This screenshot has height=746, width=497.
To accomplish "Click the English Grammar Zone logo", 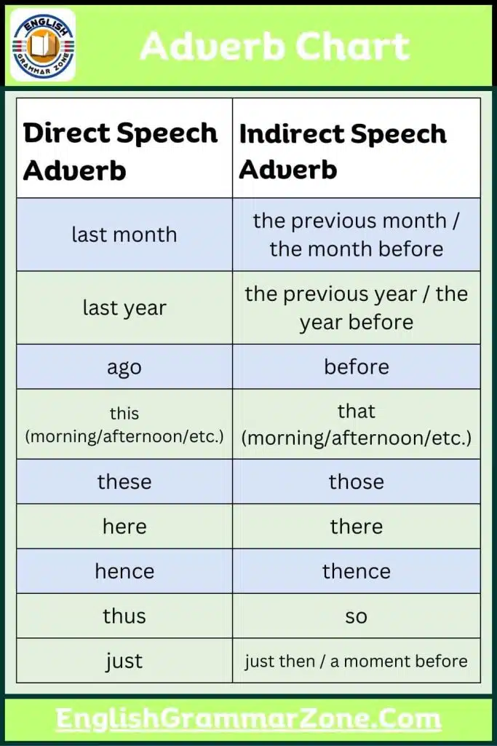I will (43, 44).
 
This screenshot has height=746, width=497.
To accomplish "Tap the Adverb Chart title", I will (275, 47).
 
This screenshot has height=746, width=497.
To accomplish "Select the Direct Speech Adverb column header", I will (121, 151).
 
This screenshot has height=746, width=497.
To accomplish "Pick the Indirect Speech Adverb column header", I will (343, 151).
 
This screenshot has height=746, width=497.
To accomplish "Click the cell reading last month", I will (124, 235).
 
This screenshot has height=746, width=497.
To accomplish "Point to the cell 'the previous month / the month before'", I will (357, 235).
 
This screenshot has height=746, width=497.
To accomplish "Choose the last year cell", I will (124, 307).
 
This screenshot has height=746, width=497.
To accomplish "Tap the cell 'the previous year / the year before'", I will (357, 307).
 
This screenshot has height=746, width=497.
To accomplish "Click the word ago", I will (124, 366).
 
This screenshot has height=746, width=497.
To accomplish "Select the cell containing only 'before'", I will (357, 366).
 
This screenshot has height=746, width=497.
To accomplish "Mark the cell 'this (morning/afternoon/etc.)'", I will (124, 425).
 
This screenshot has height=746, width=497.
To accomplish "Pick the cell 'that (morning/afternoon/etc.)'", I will (357, 425).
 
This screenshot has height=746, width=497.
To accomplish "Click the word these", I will (124, 482).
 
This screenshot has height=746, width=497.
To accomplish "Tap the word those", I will (357, 482).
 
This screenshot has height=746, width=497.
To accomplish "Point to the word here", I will (124, 526).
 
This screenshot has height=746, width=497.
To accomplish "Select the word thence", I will (357, 571).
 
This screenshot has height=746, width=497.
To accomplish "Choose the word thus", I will (124, 616).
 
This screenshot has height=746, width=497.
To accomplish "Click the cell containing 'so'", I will (357, 616).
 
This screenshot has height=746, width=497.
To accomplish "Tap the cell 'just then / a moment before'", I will (357, 661).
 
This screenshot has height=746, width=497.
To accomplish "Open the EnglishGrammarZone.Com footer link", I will (249, 720).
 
